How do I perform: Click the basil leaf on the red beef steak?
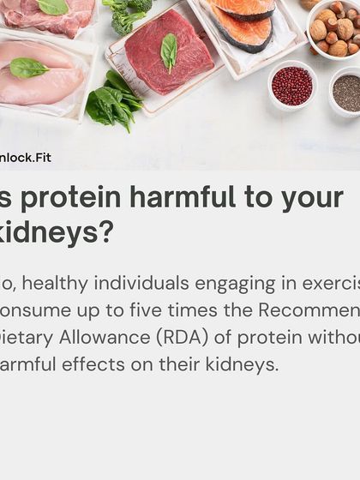[x=169, y=51]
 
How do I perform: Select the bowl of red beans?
[x=291, y=87]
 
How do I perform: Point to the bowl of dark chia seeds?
[x=346, y=92]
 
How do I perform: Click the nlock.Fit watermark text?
[x=26, y=159]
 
